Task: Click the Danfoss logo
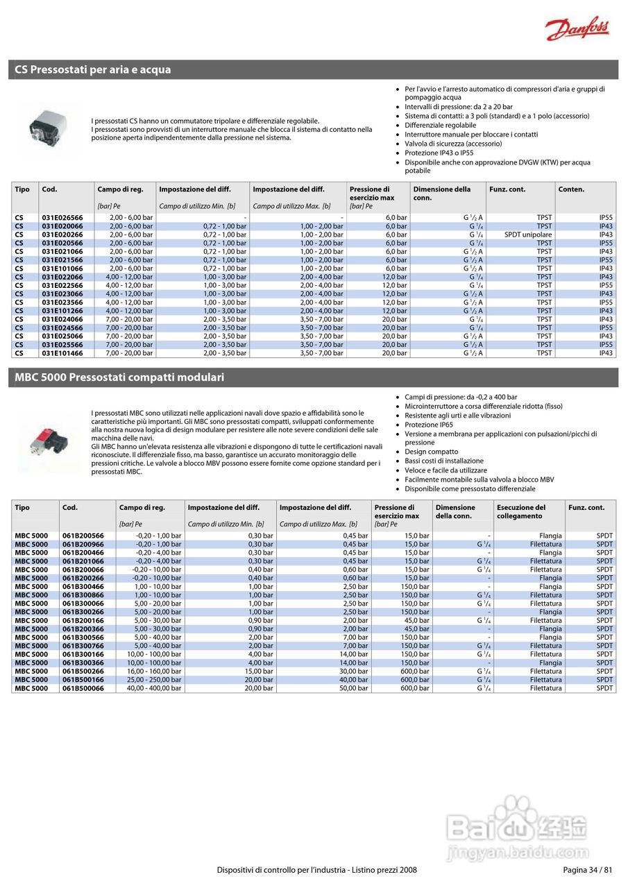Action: click(x=577, y=29)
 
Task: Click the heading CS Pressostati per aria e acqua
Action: click(x=93, y=70)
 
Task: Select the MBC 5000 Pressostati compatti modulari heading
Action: click(x=119, y=377)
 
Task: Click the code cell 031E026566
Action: click(x=62, y=218)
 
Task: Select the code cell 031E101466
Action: click(x=62, y=353)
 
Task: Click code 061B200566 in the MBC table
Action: click(x=83, y=536)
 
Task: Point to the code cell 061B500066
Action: click(x=83, y=688)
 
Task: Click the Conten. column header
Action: click(x=571, y=189)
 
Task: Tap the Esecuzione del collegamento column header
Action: click(x=521, y=511)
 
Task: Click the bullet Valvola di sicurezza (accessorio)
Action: click(x=453, y=144)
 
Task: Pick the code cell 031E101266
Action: click(x=62, y=311)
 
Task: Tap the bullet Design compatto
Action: click(x=432, y=452)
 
